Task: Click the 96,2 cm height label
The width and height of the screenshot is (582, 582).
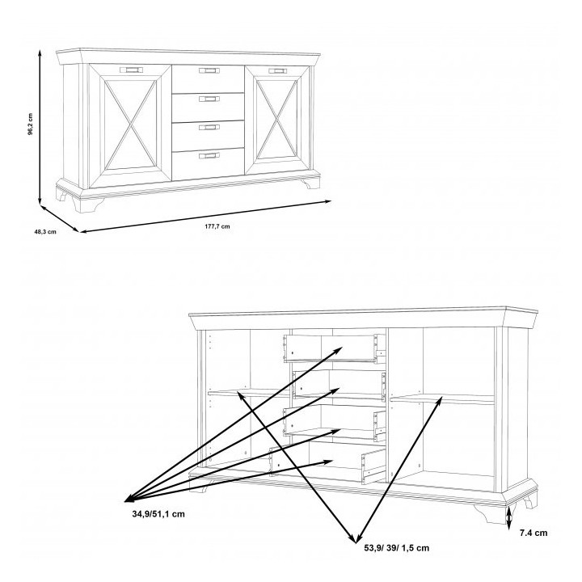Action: (31, 124)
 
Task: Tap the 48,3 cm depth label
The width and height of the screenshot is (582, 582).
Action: (45, 232)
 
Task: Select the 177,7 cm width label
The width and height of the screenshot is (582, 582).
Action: (217, 226)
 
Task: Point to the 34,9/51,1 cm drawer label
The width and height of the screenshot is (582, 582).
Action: (158, 514)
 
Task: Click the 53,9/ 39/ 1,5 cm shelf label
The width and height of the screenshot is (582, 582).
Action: (396, 548)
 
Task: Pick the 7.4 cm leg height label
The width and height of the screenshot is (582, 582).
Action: (533, 533)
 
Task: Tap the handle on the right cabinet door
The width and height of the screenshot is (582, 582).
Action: (277, 71)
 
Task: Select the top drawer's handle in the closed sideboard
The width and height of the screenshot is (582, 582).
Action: (209, 70)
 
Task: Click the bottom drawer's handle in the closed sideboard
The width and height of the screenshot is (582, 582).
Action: (209, 155)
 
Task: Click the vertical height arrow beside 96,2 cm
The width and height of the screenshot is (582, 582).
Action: (40, 127)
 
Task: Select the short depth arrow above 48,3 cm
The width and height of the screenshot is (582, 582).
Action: (59, 218)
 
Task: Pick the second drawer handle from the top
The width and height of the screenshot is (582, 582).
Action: (209, 99)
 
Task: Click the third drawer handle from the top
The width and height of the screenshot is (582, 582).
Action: (209, 128)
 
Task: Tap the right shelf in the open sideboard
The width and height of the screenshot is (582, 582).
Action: (442, 399)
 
